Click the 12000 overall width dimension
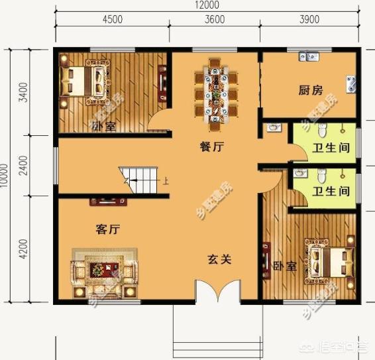click(208, 5)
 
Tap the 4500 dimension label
click(112, 19)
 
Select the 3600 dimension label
click(213, 19)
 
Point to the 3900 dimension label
click(309, 19)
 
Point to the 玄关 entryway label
click(219, 260)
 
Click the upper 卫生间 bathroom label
click(331, 148)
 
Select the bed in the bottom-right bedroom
click(328, 259)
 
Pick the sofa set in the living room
click(105, 270)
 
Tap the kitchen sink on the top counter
click(309, 57)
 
